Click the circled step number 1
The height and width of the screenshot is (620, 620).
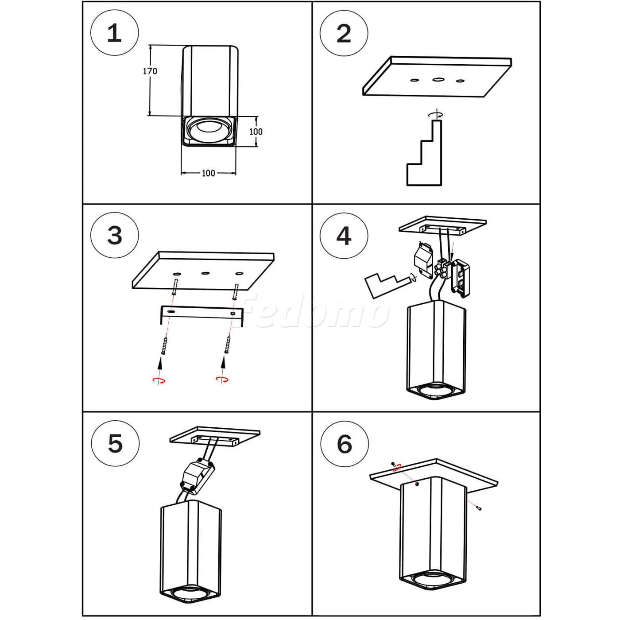(115, 33)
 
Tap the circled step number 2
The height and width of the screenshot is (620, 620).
(344, 33)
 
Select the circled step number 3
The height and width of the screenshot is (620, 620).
(115, 235)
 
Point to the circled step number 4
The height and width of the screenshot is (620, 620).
(344, 236)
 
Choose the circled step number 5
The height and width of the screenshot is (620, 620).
(115, 443)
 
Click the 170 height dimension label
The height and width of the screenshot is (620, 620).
(150, 71)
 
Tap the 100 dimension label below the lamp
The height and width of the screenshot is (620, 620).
(208, 173)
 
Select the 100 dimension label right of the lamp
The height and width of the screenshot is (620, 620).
(256, 132)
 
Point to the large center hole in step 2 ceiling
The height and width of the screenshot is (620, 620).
(438, 79)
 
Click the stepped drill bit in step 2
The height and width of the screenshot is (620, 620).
(424, 153)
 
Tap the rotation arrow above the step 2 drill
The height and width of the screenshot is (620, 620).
(436, 114)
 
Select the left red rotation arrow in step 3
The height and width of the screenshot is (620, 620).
(159, 380)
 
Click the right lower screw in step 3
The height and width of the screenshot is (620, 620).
(228, 345)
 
